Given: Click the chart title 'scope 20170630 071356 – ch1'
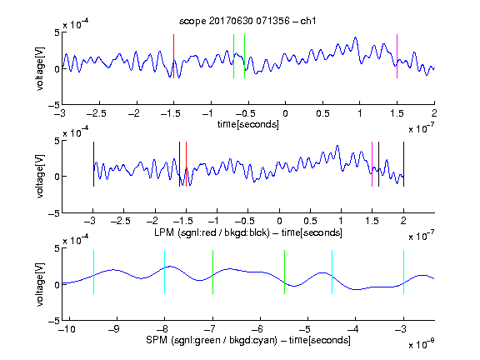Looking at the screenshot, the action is (x=247, y=21).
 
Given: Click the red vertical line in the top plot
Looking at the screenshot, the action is (x=173, y=57).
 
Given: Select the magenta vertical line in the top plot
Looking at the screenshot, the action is (x=397, y=57).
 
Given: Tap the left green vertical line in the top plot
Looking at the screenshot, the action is (x=233, y=57).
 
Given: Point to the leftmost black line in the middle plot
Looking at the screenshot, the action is (x=93, y=164).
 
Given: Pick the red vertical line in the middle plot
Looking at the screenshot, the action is (x=186, y=164).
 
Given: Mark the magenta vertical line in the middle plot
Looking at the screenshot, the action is (x=372, y=164).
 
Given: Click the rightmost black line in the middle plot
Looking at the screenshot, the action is (x=403, y=164).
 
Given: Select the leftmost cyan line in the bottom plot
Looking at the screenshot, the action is (x=93, y=272).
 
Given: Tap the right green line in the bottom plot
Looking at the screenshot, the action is (x=284, y=272).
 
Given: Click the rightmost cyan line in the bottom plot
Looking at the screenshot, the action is (x=403, y=272).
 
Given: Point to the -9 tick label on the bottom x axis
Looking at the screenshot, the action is (x=114, y=329).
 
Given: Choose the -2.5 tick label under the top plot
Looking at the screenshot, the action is (x=97, y=113).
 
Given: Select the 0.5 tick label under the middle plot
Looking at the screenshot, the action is (x=310, y=221).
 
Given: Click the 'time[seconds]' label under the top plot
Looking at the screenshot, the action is (x=248, y=124).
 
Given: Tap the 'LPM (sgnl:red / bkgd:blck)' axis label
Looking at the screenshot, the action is (x=212, y=232).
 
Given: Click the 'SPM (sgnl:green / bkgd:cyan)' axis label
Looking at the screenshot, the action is (x=212, y=340).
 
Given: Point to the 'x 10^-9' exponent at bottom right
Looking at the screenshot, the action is (x=422, y=343).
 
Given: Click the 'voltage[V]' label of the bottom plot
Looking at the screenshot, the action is (x=40, y=284).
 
